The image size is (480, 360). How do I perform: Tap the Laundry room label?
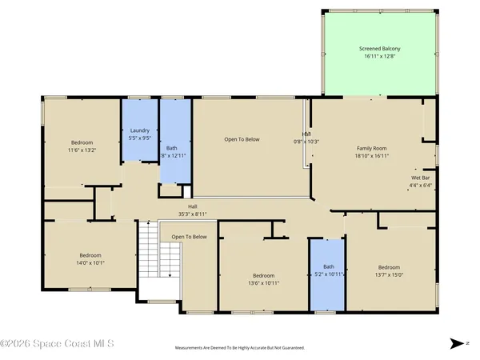[140, 130]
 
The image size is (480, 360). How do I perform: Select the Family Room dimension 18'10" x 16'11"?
[371, 156]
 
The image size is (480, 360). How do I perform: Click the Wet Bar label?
[422, 178]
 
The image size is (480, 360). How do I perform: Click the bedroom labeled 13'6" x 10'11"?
[264, 278]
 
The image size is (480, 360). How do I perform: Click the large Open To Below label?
[242, 139]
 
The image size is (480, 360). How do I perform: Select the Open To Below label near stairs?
[189, 237]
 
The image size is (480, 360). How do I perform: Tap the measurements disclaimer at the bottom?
[240, 348]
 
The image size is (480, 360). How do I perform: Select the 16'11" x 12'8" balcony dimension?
[379, 57]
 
